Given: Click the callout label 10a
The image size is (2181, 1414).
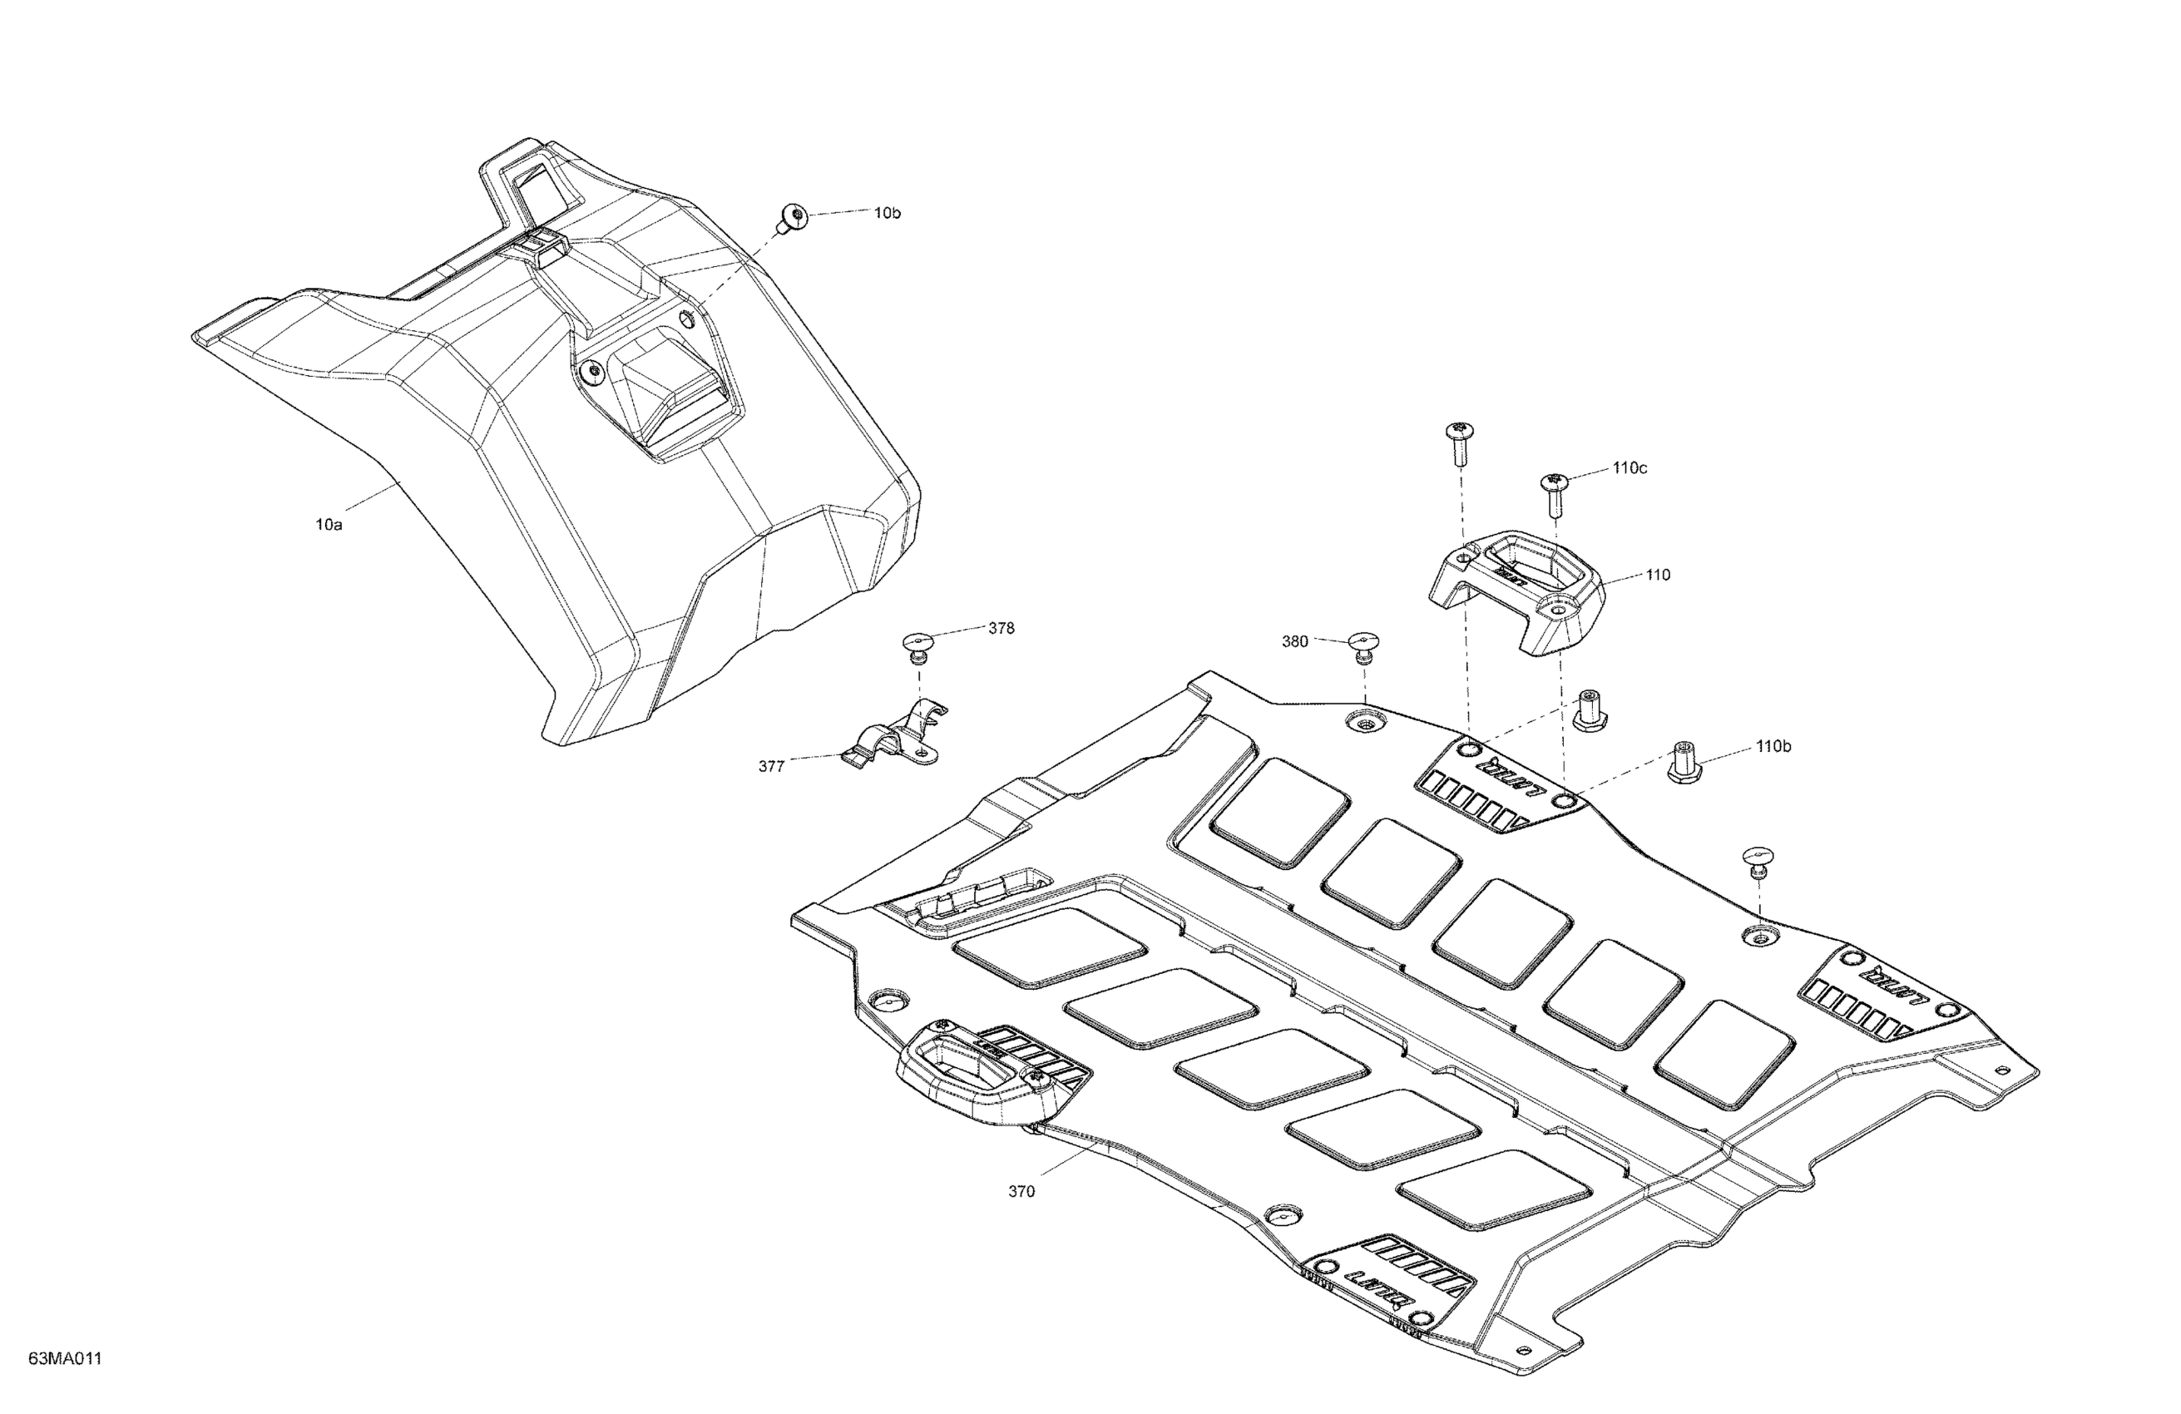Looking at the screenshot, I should point(328,525).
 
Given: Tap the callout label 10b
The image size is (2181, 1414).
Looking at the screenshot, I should point(886,213).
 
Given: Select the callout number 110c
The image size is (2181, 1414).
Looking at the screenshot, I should point(1630,468).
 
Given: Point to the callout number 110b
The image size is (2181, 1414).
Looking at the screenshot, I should point(1773,747).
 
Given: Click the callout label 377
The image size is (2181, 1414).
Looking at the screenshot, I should point(771,766).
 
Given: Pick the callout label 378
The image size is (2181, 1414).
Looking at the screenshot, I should point(1001,629).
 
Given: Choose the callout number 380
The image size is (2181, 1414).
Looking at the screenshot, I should point(1294,641).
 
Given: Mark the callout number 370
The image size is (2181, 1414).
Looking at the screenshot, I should point(1021,1191).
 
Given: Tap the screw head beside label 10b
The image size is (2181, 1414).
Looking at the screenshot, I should point(793,218).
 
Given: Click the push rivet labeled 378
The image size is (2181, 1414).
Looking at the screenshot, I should point(917,645).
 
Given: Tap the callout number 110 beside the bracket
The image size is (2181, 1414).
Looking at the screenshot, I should point(1658,576).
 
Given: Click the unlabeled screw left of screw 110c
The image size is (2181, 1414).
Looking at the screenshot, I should point(1459,442).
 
